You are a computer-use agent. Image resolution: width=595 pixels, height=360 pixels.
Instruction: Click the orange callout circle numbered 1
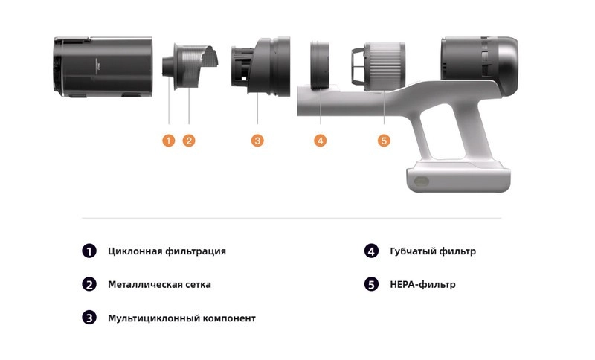[169, 141]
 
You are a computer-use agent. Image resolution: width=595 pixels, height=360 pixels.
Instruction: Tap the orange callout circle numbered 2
[189, 141]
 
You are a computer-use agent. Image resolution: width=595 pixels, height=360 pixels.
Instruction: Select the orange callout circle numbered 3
[257, 141]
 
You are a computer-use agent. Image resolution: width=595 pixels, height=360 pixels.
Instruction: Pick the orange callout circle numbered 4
[321, 141]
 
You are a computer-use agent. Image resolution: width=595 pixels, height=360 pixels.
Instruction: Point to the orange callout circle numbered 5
[384, 141]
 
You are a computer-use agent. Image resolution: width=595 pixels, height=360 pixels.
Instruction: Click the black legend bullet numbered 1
[89, 251]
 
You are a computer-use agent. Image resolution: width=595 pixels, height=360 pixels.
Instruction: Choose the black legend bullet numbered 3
[89, 318]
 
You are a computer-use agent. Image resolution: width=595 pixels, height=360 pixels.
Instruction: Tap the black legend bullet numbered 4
[371, 251]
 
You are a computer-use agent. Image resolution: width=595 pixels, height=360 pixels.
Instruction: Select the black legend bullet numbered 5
[371, 285]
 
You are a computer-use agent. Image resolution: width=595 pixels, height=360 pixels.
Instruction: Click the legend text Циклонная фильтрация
[167, 251]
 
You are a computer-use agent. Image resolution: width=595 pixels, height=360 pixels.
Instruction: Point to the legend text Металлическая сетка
[159, 285]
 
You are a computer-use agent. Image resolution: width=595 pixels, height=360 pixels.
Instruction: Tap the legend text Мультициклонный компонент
[181, 318]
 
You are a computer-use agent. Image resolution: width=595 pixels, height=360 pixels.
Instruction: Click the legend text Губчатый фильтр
[433, 251]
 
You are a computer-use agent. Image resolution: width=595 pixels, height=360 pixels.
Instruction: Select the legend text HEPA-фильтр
[422, 285]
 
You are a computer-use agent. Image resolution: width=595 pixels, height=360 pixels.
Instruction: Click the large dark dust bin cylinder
[103, 67]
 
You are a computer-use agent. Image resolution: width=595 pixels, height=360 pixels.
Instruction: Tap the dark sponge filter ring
[320, 65]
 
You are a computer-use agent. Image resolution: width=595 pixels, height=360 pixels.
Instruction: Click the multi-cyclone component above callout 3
[261, 66]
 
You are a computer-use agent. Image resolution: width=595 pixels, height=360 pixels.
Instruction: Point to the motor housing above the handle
[479, 65]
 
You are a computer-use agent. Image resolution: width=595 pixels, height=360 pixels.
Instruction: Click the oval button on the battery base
[421, 181]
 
